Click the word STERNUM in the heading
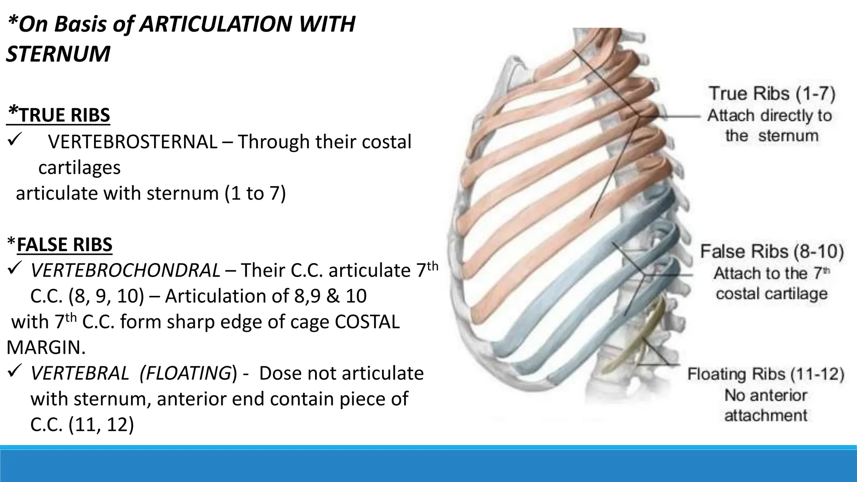(58, 54)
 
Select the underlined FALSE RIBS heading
(64, 245)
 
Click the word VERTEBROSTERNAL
(133, 142)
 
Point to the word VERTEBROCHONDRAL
(125, 271)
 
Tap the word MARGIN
(46, 348)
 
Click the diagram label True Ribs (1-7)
(772, 93)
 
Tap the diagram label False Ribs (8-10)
(772, 251)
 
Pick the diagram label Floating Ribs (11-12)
(765, 374)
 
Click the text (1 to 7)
(255, 194)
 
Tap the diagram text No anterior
(765, 395)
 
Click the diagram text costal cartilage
(771, 294)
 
